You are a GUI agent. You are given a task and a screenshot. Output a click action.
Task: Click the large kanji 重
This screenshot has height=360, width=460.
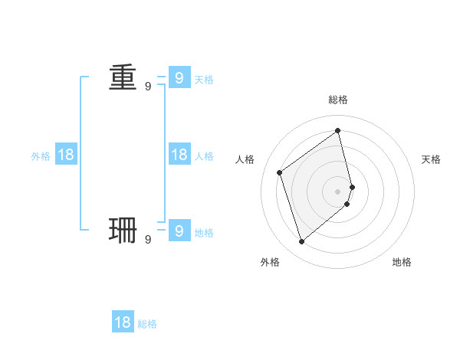(x=123, y=77)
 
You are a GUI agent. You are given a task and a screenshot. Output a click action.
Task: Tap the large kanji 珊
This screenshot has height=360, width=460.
(x=123, y=231)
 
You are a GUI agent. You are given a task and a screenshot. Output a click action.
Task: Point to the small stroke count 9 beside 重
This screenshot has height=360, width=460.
(x=148, y=87)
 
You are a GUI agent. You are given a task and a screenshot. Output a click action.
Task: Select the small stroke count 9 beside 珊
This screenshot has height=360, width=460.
(x=148, y=240)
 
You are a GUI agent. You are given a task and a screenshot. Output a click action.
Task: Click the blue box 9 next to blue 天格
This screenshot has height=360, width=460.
(x=179, y=78)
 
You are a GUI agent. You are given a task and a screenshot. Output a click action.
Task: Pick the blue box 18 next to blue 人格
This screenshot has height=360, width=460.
(x=179, y=155)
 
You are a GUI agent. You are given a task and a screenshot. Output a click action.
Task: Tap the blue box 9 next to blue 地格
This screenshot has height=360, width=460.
(x=179, y=231)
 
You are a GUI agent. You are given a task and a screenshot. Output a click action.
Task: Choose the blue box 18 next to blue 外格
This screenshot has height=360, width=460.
(x=66, y=155)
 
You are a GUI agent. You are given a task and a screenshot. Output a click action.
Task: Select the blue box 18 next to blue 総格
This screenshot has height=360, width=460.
(x=123, y=322)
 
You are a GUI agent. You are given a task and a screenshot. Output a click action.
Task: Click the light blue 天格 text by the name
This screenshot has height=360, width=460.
(x=204, y=80)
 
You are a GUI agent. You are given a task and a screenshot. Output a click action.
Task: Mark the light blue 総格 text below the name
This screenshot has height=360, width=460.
(x=147, y=324)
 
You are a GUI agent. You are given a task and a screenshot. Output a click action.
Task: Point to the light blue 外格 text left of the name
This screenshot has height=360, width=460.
(x=41, y=156)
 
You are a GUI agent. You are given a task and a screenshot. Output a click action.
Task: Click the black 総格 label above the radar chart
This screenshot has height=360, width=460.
(x=338, y=100)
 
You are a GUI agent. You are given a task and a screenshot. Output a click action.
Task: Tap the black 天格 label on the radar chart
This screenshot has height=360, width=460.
(x=432, y=159)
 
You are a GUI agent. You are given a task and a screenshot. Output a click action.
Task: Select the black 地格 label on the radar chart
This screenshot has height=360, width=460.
(x=402, y=262)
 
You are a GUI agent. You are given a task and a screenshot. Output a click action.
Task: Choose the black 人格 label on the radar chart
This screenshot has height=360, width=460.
(x=245, y=159)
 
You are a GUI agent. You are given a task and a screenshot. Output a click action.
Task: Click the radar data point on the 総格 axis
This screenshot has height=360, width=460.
(x=338, y=130)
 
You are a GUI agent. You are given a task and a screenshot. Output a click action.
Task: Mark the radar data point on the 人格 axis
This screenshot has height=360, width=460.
(x=280, y=172)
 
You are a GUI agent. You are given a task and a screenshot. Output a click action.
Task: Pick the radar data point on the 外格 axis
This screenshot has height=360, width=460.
(x=302, y=242)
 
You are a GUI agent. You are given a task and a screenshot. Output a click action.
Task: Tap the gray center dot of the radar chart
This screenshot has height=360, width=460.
(x=338, y=191)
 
